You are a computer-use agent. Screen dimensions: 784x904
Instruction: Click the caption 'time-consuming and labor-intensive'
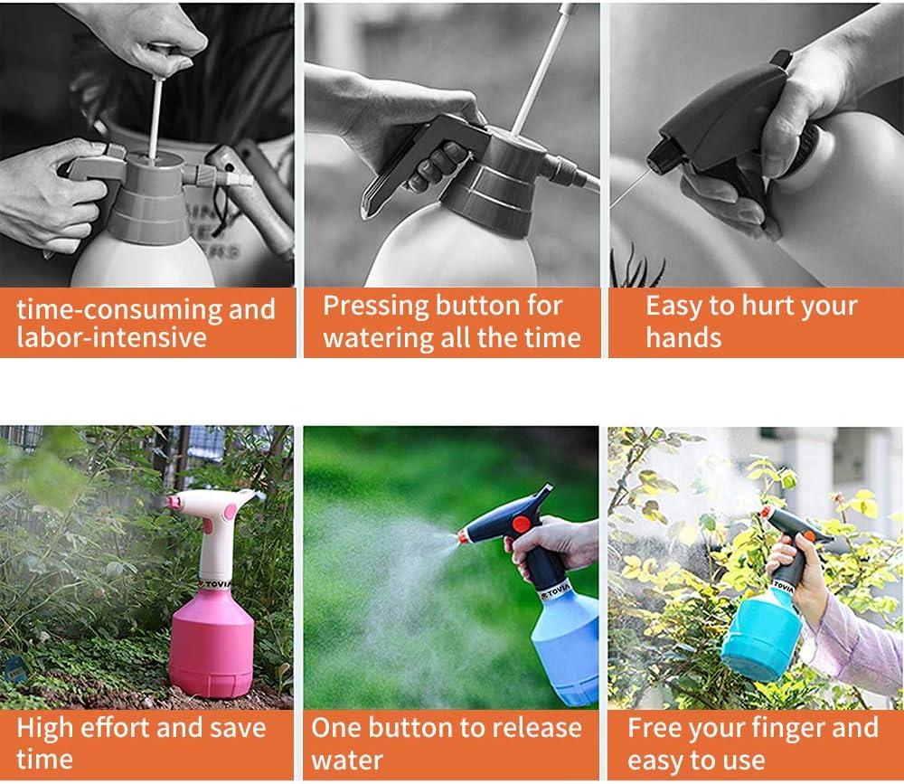pos(146,323)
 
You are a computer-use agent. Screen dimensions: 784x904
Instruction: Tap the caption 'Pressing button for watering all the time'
pos(451,323)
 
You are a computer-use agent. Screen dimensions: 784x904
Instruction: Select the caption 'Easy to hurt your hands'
pos(750,323)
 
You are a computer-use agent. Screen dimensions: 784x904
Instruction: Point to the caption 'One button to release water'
pos(447,742)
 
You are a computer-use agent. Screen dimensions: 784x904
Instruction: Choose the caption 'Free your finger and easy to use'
pos(752,742)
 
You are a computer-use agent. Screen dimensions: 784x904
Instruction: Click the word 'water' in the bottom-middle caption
pos(347,758)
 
